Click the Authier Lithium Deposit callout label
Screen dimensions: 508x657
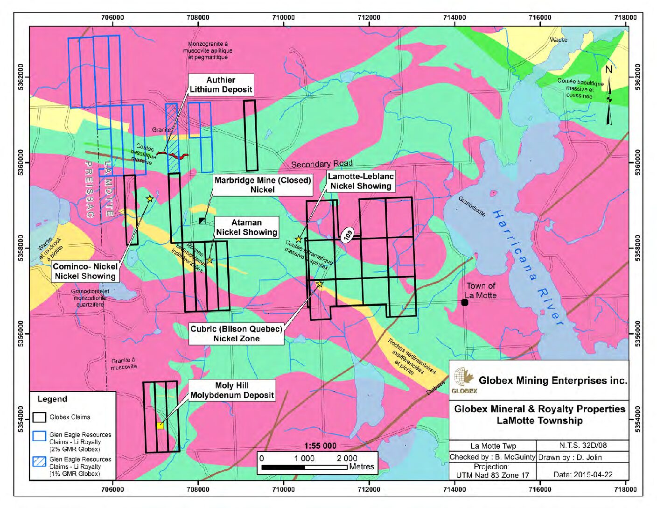click(221, 85)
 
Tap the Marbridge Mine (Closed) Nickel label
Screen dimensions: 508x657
click(262, 185)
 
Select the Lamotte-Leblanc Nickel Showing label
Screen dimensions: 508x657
click(360, 181)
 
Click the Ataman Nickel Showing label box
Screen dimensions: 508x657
click(246, 227)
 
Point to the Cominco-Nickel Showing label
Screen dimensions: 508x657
click(85, 271)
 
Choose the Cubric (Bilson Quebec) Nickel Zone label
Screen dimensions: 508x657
click(236, 334)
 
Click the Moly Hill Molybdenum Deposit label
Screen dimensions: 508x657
click(231, 390)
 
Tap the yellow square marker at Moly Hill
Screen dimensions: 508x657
click(160, 425)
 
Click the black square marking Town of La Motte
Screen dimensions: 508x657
click(464, 303)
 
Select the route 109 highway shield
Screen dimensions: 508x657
click(348, 235)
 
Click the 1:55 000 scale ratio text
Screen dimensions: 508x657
click(320, 445)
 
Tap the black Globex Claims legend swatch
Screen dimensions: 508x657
click(39, 417)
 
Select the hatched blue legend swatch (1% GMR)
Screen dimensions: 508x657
click(39, 462)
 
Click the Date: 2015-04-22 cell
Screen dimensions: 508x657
click(582, 474)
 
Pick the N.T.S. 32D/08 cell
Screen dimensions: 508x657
click(582, 445)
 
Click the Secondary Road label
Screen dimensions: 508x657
click(322, 164)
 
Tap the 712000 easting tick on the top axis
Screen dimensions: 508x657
click(369, 18)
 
